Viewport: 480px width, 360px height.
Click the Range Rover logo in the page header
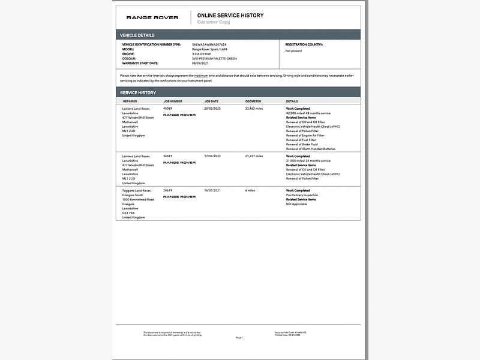tap(152, 18)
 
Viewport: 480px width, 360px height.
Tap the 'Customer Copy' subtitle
tap(214, 22)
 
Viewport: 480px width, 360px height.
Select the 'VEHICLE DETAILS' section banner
tap(137, 35)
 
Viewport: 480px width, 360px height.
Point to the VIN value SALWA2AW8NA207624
tap(209, 44)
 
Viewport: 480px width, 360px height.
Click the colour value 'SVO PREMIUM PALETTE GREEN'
tap(214, 58)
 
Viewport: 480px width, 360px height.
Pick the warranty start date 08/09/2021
tap(200, 63)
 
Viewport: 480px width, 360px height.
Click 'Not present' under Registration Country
tap(293, 51)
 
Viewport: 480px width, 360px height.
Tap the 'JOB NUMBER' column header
tap(173, 101)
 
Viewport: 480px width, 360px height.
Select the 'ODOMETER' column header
tap(253, 101)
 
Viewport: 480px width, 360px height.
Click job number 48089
tap(167, 109)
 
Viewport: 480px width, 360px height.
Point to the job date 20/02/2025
tap(212, 109)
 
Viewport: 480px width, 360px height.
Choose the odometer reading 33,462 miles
tap(254, 109)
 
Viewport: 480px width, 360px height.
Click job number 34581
tap(167, 156)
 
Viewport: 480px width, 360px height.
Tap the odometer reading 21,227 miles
tap(254, 156)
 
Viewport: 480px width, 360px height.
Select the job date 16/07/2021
tap(212, 190)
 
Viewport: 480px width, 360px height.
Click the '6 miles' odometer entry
tap(250, 190)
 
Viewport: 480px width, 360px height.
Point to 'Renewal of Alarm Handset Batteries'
tap(311, 149)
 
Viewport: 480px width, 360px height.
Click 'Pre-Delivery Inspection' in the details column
tap(302, 195)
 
